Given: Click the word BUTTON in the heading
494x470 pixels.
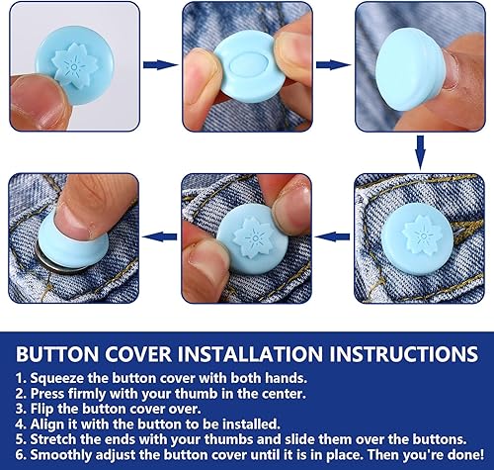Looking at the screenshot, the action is [57, 354].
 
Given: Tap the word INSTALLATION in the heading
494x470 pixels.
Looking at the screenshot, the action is [250, 354].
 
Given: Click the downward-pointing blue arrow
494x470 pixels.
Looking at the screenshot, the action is [420, 152].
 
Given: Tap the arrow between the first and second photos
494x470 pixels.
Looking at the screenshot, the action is [160, 64].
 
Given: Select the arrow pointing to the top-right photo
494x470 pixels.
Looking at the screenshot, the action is [333, 64].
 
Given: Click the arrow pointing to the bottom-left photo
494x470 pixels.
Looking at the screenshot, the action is [160, 236].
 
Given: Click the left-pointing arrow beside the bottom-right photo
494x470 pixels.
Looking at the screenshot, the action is [333, 236].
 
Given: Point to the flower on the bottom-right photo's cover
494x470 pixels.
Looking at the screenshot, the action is [421, 235].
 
